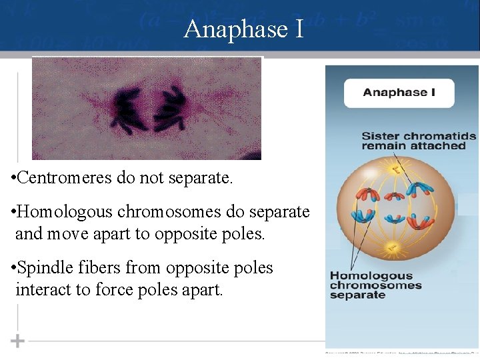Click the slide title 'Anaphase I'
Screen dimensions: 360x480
pyautogui.click(x=243, y=29)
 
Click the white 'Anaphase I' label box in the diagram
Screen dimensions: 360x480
pyautogui.click(x=399, y=93)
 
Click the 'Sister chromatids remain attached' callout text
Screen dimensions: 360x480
pyautogui.click(x=418, y=141)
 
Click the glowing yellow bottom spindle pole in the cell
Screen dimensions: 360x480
pyautogui.click(x=393, y=249)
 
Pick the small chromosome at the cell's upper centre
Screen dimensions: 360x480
pyautogui.click(x=395, y=196)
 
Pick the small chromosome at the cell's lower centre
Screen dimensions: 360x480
pyautogui.click(x=395, y=219)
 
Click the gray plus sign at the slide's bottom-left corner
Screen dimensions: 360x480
pyautogui.click(x=17, y=341)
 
